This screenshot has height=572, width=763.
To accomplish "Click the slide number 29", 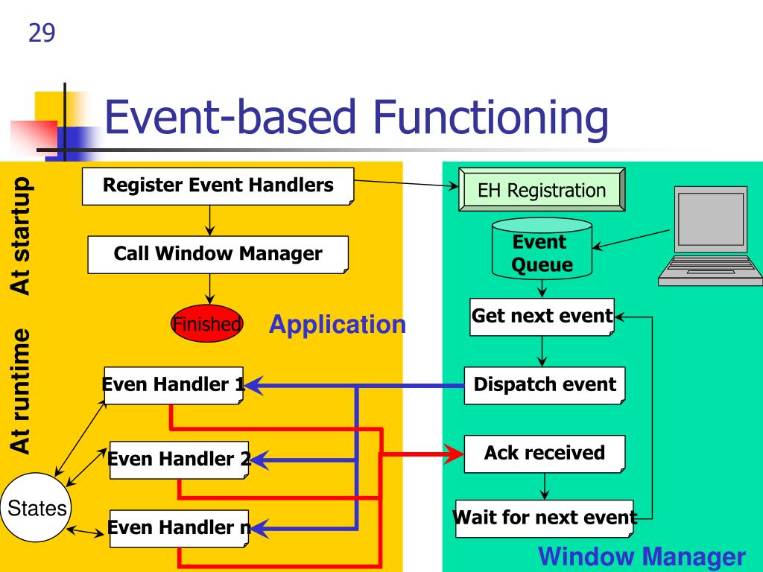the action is tap(42, 33).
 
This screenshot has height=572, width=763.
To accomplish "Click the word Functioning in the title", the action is tap(490, 118).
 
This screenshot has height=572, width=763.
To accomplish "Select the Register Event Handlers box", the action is tap(218, 186).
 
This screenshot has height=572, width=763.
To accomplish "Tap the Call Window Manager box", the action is tap(218, 255).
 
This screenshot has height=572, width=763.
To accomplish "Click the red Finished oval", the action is tap(207, 323).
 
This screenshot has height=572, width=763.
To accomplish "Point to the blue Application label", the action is tap(338, 324).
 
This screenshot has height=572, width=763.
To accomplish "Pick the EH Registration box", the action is tap(542, 190).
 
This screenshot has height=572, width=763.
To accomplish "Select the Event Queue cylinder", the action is tap(542, 249).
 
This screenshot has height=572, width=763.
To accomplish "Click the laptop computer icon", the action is tap(710, 236).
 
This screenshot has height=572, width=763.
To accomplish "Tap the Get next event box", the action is tap(542, 317).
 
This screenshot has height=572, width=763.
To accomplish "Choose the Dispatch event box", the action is tap(545, 385).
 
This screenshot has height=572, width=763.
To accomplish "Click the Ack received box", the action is tap(545, 454).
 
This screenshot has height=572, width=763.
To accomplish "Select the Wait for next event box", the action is tap(545, 518).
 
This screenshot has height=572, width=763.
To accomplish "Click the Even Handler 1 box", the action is tap(174, 385).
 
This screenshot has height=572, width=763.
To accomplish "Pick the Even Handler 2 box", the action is tap(179, 460).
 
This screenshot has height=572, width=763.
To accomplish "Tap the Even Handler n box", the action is tap(179, 528).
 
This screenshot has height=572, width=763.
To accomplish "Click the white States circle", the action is tap(36, 507).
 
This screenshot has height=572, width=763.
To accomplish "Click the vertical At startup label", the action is tap(21, 236).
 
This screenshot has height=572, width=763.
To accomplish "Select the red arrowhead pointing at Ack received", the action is tap(454, 454).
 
